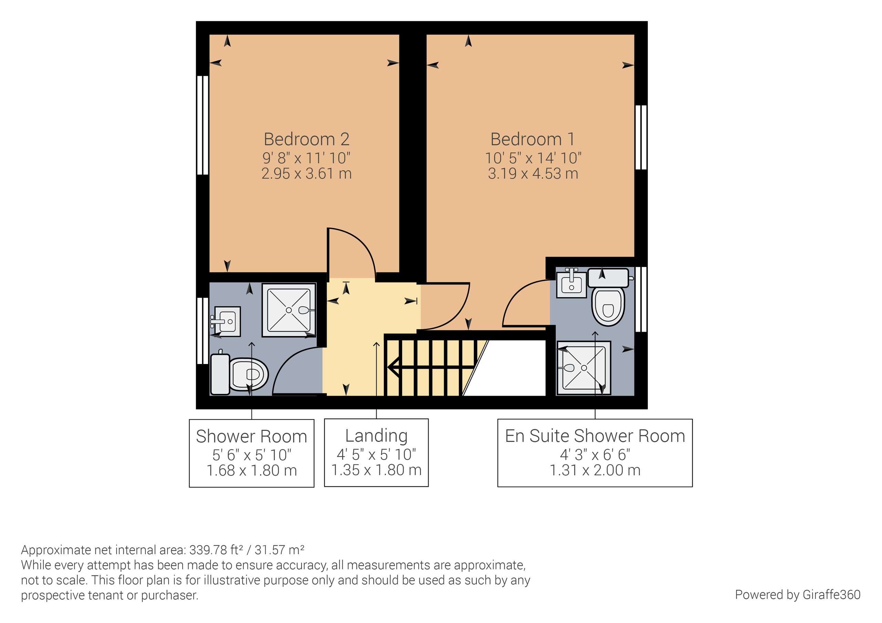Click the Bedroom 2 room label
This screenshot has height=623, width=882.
click(x=306, y=139)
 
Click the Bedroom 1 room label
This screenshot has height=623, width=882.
click(x=532, y=139)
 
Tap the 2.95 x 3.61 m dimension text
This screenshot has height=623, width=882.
click(x=306, y=174)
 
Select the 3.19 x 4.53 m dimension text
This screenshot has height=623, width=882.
click(x=532, y=174)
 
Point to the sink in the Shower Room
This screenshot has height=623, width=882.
click(x=227, y=321)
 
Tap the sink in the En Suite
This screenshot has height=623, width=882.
click(x=572, y=284)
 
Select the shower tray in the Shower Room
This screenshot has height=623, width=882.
click(x=289, y=310)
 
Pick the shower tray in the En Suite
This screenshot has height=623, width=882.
click(x=584, y=368)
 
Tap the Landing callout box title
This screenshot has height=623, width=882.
click(x=376, y=436)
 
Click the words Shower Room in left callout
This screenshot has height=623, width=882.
click(x=251, y=436)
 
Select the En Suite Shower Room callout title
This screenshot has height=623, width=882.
click(x=595, y=436)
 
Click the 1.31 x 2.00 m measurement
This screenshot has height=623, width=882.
click(x=595, y=470)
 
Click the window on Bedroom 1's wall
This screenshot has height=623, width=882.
click(x=641, y=137)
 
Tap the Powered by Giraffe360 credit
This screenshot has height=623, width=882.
click(x=797, y=594)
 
